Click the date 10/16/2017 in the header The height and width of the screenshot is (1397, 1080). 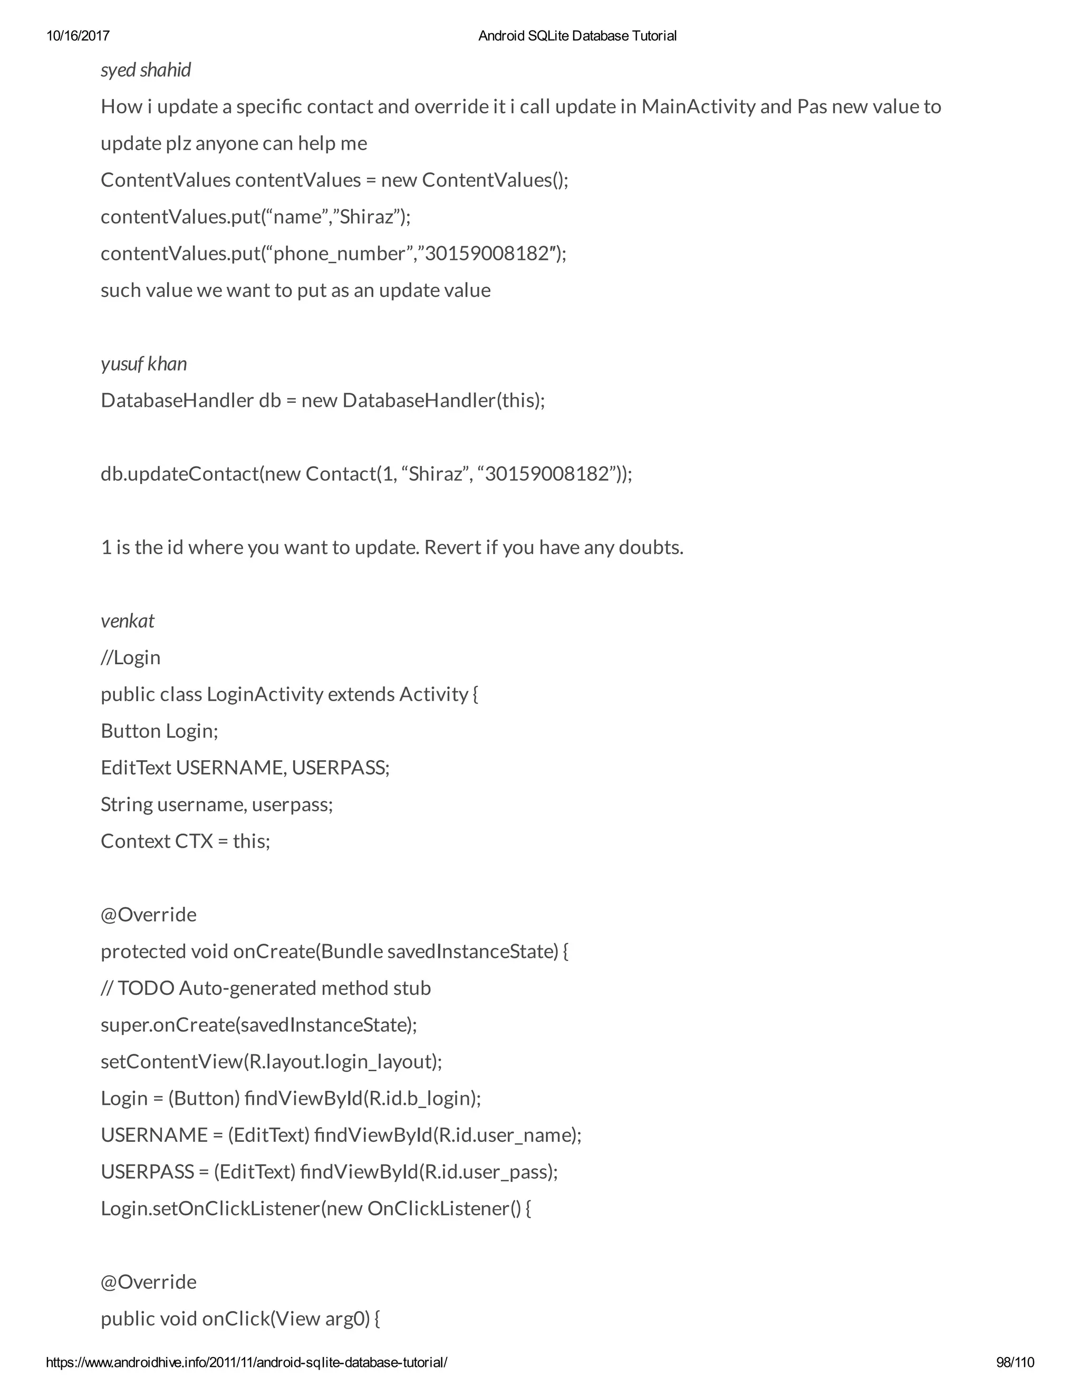click(x=78, y=36)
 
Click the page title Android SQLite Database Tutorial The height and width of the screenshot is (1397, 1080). click(x=577, y=36)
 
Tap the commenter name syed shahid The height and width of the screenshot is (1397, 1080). click(x=146, y=70)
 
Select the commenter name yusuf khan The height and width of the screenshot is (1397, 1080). click(x=144, y=364)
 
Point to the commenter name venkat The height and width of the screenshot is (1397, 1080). click(x=127, y=621)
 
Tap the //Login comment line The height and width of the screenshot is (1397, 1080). click(x=131, y=657)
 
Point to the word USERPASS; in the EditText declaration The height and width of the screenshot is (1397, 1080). click(x=340, y=768)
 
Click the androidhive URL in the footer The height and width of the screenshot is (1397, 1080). click(x=247, y=1362)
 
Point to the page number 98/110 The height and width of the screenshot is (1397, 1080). click(x=1015, y=1362)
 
